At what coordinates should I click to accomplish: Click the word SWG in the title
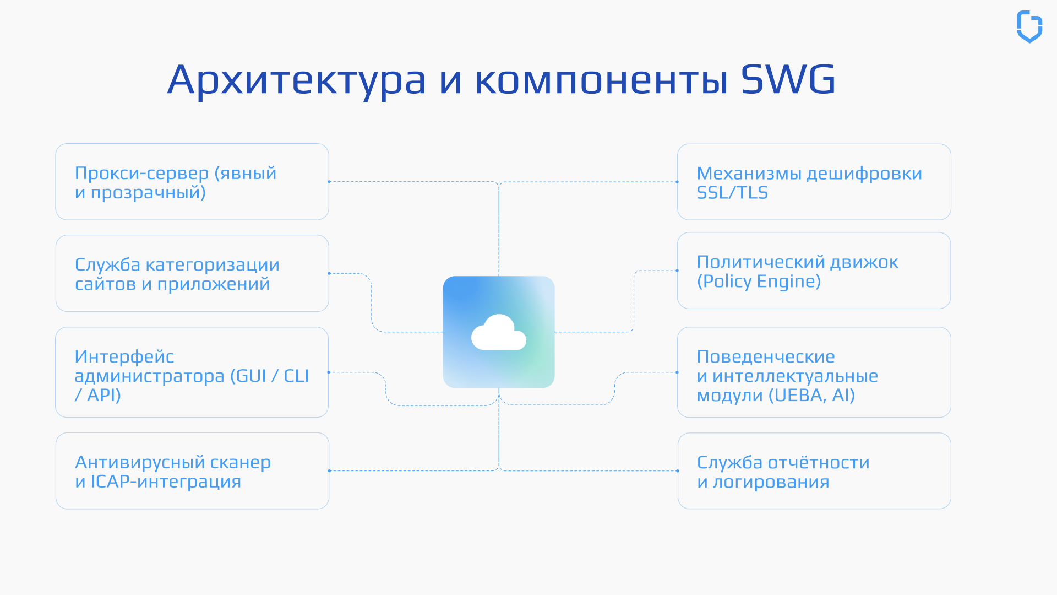[788, 79]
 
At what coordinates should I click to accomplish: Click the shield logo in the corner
[1029, 26]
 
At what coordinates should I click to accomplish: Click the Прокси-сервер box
[192, 182]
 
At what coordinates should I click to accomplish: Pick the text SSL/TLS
[732, 193]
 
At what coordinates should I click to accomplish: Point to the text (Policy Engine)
[759, 282]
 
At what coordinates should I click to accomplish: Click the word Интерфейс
[124, 357]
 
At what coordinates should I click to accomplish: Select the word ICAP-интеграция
[166, 482]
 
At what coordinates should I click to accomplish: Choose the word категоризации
[213, 265]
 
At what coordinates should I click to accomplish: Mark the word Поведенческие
[766, 357]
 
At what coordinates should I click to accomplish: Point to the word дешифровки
[864, 174]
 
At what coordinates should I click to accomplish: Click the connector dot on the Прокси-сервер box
[329, 182]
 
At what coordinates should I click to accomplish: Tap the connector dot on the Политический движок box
[677, 271]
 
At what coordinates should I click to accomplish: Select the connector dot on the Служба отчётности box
[678, 471]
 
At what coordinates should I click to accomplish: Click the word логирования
[771, 482]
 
